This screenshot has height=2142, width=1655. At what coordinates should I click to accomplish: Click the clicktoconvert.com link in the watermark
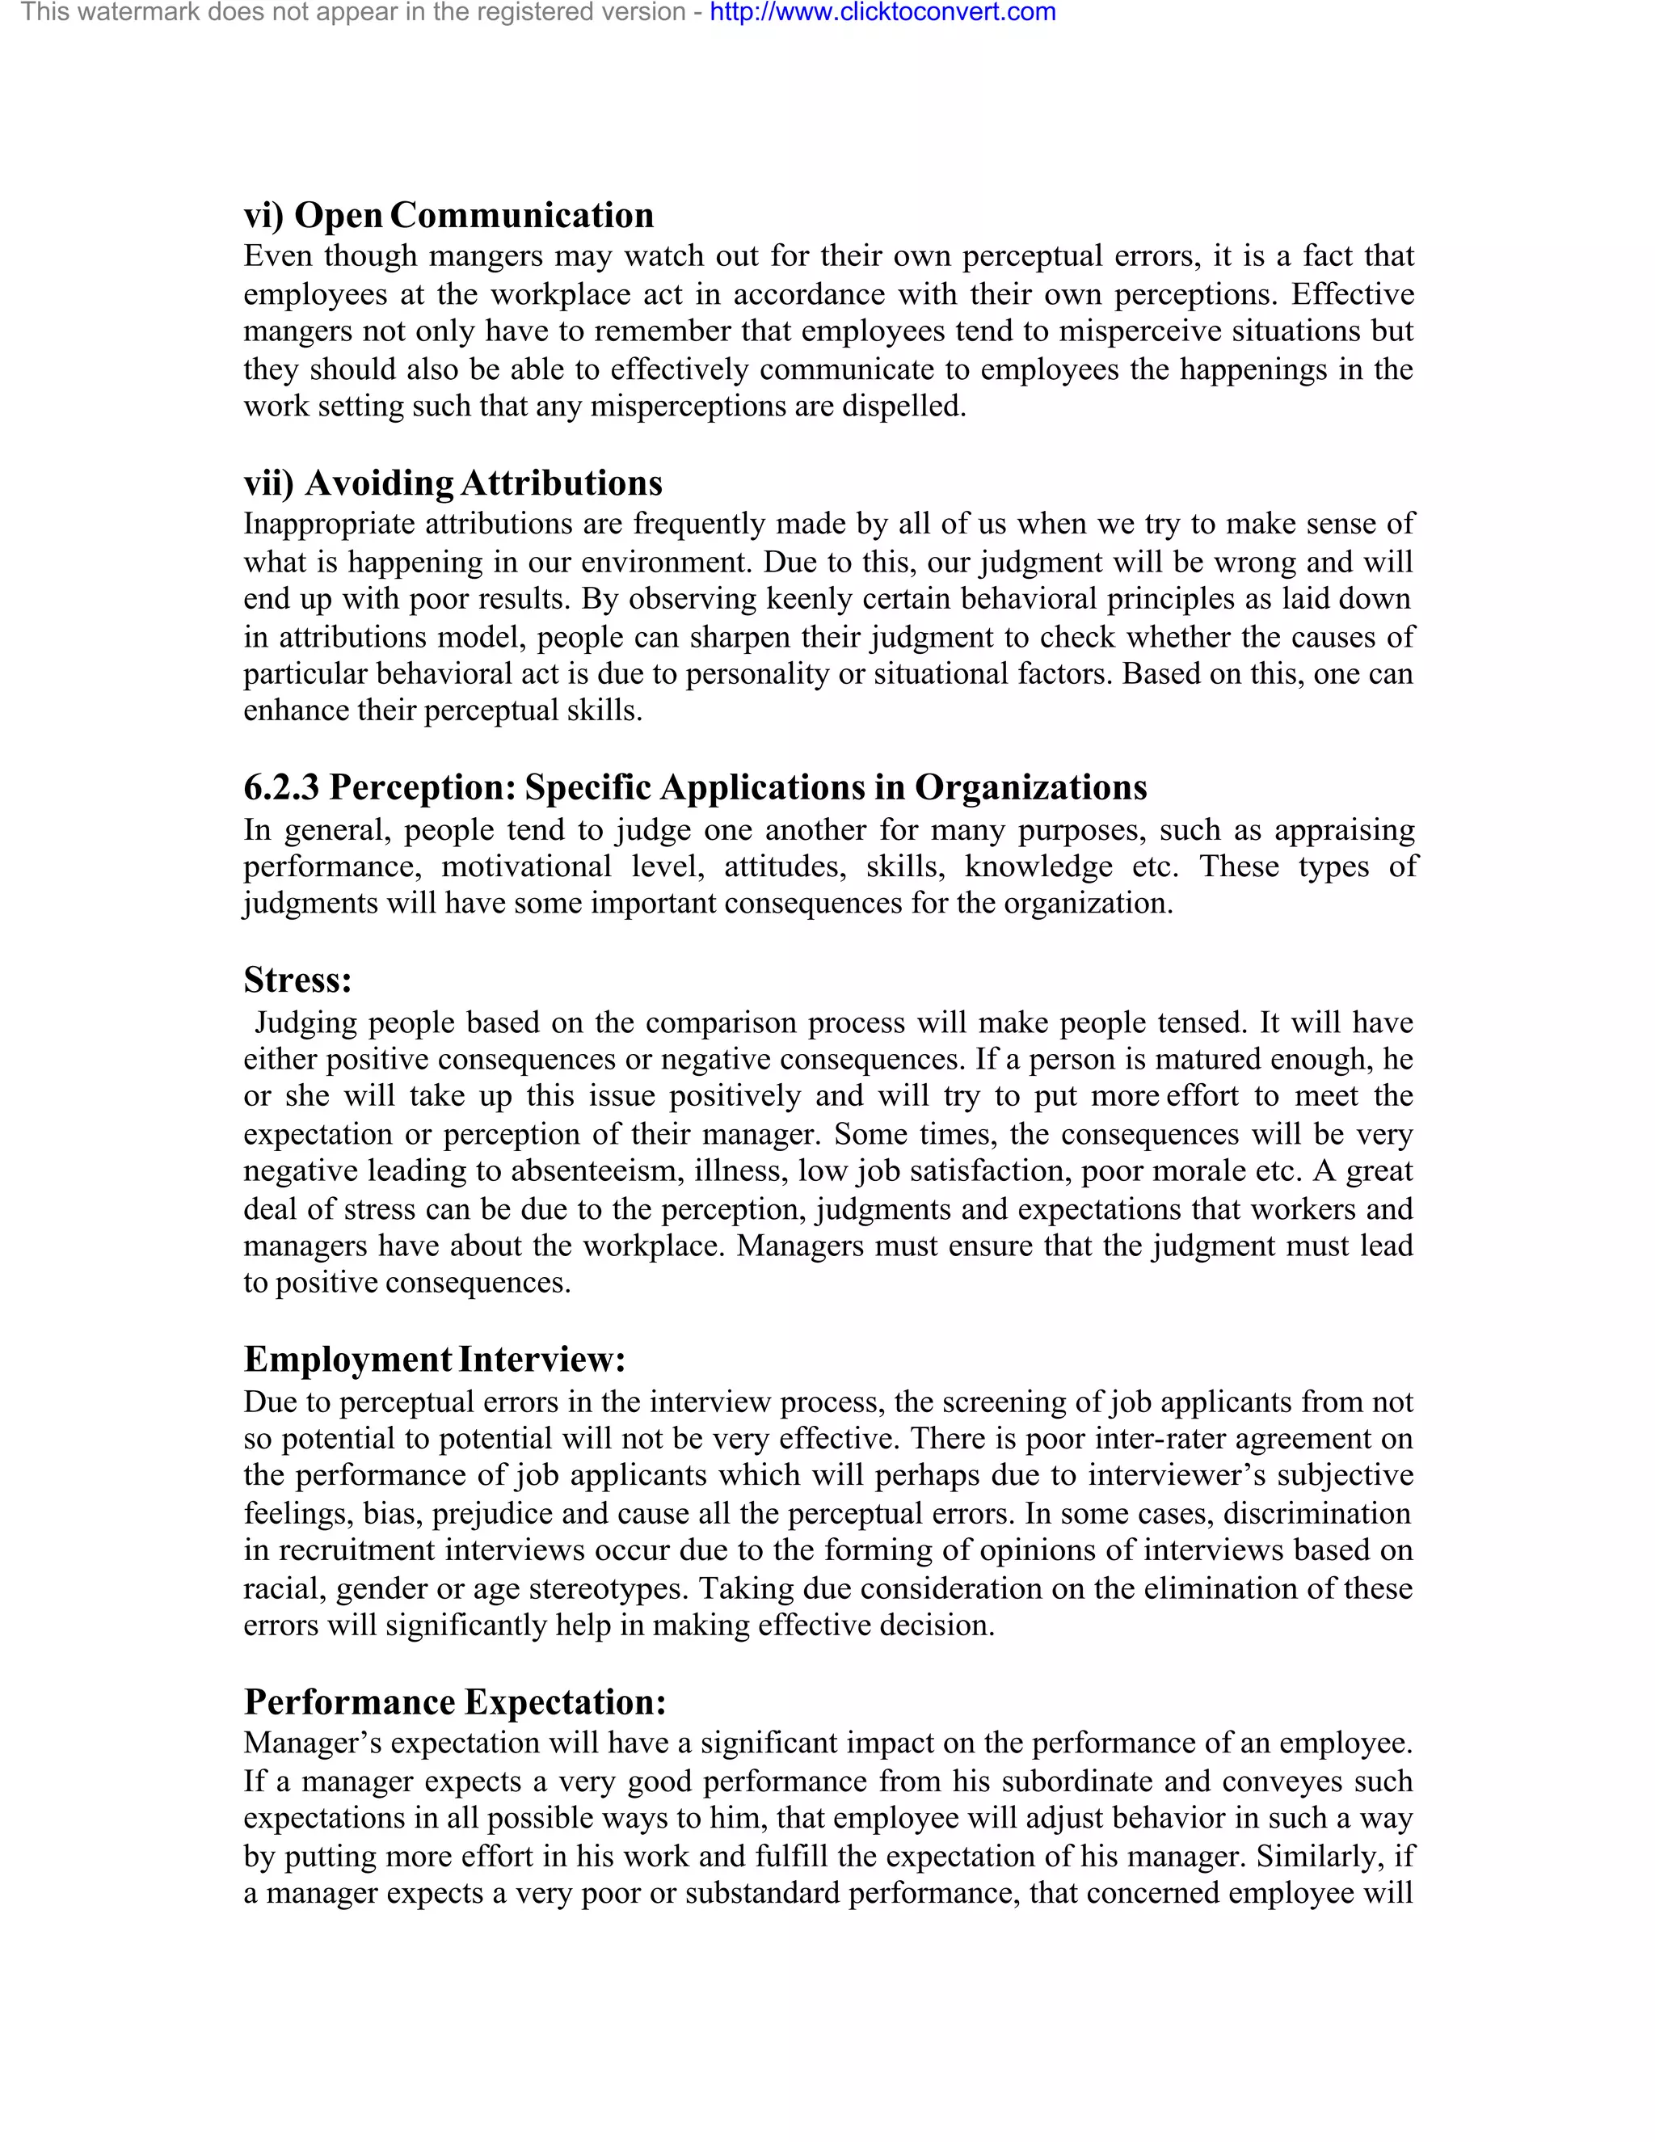[882, 13]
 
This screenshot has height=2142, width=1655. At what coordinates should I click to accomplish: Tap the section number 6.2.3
[281, 786]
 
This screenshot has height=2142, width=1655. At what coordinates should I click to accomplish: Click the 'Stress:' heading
[297, 980]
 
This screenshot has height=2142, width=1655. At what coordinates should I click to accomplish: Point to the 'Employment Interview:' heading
[433, 1360]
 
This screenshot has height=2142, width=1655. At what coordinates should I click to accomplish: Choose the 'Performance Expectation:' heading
[455, 1701]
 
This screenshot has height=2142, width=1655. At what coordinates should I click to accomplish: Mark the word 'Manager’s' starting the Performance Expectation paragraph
[313, 1743]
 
